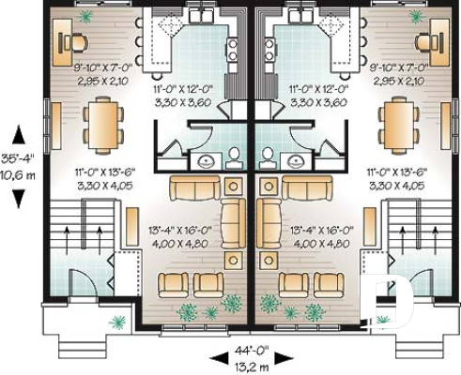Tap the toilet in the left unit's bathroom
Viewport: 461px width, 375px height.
(x=236, y=155)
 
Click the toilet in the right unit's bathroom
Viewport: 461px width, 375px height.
(x=269, y=155)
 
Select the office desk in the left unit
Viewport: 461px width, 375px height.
(x=71, y=41)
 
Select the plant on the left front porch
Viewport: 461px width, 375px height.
(x=117, y=322)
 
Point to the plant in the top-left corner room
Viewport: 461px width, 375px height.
(x=86, y=16)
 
